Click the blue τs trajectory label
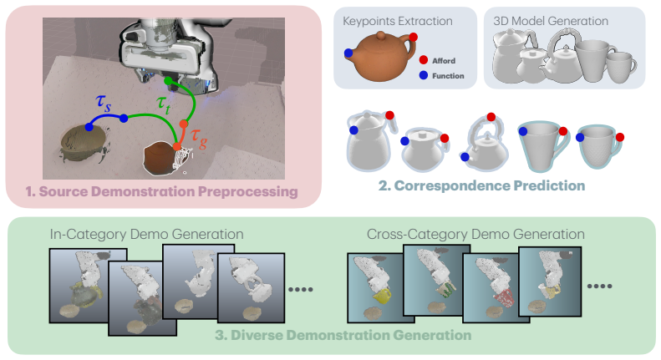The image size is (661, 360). coord(104,103)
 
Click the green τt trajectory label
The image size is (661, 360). coord(163,104)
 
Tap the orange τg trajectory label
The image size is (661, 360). coord(199,139)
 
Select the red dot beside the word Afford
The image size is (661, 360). coord(424,60)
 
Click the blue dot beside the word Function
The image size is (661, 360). coord(424,75)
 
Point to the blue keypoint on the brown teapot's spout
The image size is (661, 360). coord(348,53)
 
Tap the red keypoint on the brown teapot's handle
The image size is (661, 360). coord(413,37)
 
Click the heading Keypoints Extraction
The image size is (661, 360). coord(398,21)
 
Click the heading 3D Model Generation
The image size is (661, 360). coord(551,21)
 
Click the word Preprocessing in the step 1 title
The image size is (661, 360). coord(248,192)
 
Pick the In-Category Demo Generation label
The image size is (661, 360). coord(147,234)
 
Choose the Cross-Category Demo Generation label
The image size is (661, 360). coord(475,234)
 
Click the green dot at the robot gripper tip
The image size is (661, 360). coord(168,81)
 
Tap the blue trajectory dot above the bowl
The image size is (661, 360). coord(89,126)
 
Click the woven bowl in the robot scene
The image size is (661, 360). coord(83,142)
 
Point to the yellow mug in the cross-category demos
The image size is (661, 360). coord(381,295)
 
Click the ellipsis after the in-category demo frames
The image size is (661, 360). coord(301,289)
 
